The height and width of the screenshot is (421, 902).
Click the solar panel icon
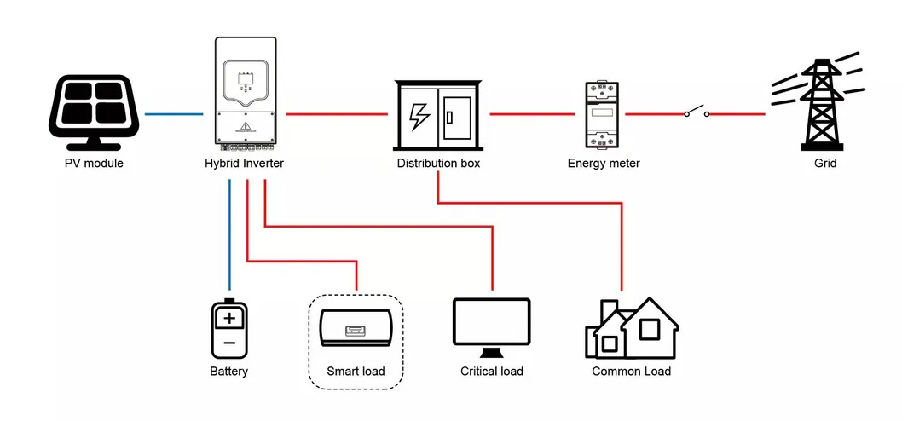94,111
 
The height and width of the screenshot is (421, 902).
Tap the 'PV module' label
94,163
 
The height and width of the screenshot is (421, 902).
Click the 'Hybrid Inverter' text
244,163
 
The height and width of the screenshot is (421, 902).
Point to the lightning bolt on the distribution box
419,115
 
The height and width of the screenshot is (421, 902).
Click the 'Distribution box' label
438,163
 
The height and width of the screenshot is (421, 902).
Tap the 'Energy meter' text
604,163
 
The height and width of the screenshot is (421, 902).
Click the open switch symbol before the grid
696,112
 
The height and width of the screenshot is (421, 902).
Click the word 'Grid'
824,163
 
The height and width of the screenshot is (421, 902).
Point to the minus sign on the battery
229,343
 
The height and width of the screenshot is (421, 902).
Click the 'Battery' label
228,372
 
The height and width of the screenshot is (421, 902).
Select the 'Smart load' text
356,372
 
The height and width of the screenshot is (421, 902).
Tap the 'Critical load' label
491,372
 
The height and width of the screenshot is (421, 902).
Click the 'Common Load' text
631,372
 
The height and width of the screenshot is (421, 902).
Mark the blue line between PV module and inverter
174,113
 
